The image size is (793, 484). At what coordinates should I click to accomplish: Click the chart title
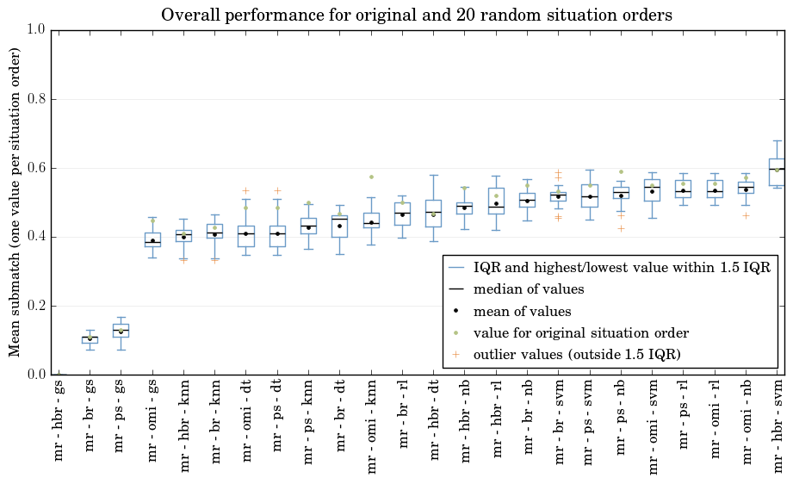[416, 15]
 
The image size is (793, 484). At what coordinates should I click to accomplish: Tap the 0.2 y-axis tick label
[37, 306]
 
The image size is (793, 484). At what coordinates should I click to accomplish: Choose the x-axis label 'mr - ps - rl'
[684, 415]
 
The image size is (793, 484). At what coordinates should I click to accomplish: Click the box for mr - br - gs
[90, 340]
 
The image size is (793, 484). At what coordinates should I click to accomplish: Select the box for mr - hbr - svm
[778, 172]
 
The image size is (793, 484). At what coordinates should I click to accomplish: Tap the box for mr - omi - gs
[152, 239]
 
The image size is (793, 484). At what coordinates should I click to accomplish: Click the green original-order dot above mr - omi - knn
[371, 177]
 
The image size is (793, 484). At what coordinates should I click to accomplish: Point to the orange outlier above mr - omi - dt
[245, 190]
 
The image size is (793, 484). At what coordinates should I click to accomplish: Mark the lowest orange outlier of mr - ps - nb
[621, 228]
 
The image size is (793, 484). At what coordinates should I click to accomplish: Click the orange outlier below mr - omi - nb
[746, 216]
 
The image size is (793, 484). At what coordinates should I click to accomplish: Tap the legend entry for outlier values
[565, 355]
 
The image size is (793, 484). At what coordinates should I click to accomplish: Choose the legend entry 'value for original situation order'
[569, 332]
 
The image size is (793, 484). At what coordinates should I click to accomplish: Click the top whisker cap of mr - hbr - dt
[433, 175]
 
